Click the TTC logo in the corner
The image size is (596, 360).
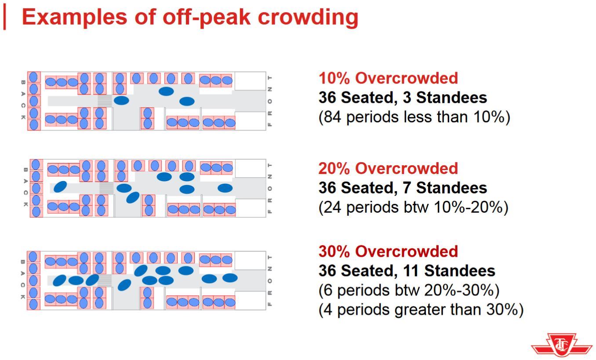[562, 345]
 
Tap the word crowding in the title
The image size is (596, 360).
[308, 17]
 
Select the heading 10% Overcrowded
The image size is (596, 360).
[388, 78]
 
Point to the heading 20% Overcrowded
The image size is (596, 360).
[388, 168]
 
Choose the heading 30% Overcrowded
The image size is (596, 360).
[388, 251]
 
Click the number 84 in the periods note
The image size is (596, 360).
[333, 117]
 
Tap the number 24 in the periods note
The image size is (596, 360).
[333, 207]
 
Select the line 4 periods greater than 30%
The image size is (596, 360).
[421, 310]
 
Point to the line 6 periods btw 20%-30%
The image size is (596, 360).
[409, 291]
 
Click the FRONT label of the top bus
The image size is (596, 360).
[270, 101]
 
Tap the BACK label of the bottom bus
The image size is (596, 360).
[23, 280]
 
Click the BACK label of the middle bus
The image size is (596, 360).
[25, 187]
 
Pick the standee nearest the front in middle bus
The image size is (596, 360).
[225, 188]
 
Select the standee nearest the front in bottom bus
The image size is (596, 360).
[230, 278]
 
